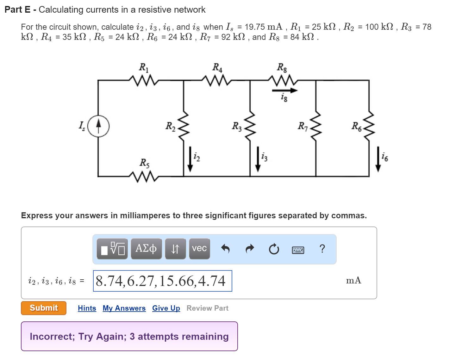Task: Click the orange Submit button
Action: tap(44, 308)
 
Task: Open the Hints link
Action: tap(87, 308)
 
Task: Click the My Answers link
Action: tap(124, 308)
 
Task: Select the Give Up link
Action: tap(166, 308)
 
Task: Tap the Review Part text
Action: tap(207, 308)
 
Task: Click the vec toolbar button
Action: tap(199, 249)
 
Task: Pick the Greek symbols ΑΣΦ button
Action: tap(146, 249)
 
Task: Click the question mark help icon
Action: tap(322, 249)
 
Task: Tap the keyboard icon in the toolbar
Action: tap(298, 250)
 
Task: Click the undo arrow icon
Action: tap(225, 249)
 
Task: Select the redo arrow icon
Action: tap(250, 249)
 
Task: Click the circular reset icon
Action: tap(274, 249)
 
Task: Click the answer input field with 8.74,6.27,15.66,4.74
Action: tap(162, 281)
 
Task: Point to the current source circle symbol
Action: tap(98, 126)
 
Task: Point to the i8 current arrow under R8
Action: tap(284, 90)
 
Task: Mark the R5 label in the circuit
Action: tap(145, 163)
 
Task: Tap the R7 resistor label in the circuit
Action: tap(303, 126)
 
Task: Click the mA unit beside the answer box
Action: tap(353, 281)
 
